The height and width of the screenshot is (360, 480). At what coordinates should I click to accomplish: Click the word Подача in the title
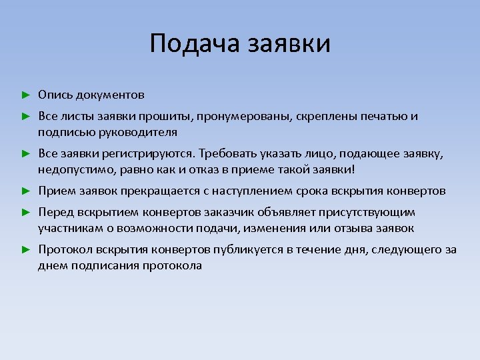point(187,44)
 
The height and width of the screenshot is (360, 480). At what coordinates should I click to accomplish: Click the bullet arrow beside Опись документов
point(26,95)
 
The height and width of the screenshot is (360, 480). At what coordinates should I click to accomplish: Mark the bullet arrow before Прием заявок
point(26,191)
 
